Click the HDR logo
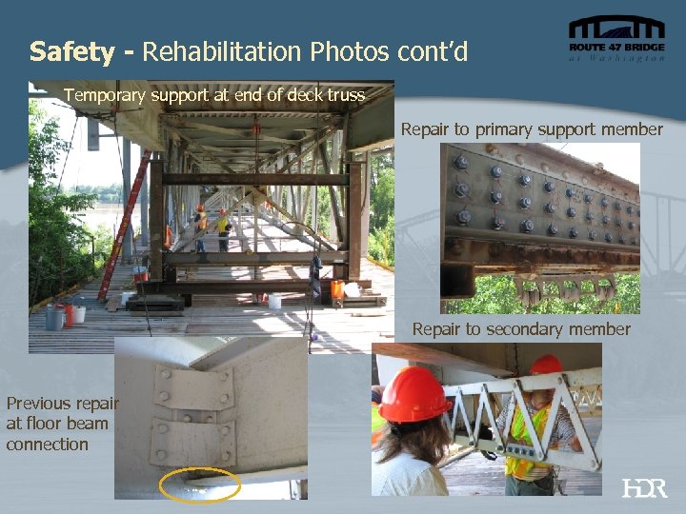coord(644,488)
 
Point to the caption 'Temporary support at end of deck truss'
coord(214,95)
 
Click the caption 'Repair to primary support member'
coord(531,128)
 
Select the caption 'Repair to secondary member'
coord(521,329)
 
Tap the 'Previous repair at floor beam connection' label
coord(57,424)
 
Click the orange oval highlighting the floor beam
coord(200,484)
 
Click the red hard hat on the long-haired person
coord(414,393)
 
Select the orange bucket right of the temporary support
coord(336,288)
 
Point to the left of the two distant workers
coord(200,227)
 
